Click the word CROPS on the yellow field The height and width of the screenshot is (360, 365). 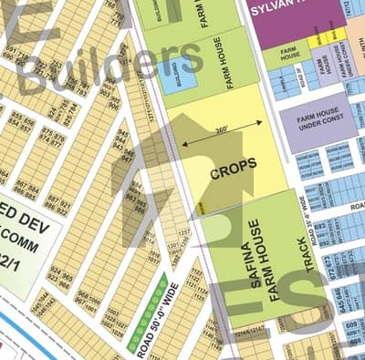[233, 165]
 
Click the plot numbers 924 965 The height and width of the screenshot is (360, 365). [62, 279]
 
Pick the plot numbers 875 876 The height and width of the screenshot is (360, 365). [55, 138]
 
